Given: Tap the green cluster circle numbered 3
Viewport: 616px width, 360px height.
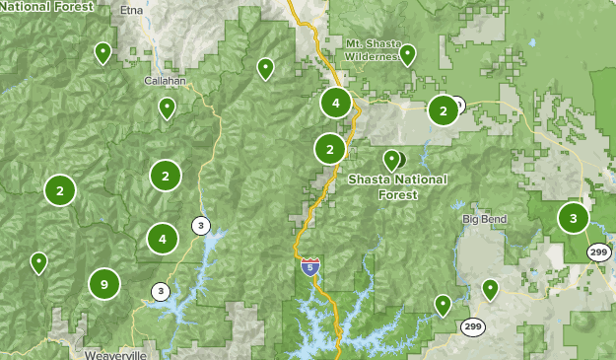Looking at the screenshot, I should point(573,218).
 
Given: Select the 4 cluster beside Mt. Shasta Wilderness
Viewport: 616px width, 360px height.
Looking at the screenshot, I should point(336,102).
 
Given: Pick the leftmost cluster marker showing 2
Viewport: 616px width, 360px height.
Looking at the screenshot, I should point(60,190).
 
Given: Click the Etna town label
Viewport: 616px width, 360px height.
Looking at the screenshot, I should point(130,10).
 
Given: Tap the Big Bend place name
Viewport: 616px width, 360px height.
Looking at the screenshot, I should point(483,219).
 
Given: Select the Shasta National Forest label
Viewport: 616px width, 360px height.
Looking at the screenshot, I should point(397,186).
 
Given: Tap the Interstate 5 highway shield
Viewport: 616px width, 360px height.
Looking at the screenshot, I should point(310,267).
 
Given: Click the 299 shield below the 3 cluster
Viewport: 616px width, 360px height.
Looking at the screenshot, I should point(598,252).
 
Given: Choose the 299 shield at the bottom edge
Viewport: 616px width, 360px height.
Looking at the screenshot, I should point(472,326).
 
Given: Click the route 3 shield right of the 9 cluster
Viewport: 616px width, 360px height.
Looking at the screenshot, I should point(160,291).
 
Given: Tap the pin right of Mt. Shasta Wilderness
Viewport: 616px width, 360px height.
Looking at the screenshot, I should point(407,54).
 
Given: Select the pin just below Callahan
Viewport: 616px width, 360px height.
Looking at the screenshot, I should point(168,107).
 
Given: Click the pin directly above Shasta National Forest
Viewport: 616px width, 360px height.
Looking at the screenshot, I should point(391,159).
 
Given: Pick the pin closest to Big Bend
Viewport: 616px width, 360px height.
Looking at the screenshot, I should point(490,288).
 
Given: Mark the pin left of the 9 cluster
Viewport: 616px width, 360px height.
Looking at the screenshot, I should point(38,261).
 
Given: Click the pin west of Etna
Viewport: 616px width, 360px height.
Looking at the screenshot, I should point(102,51).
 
